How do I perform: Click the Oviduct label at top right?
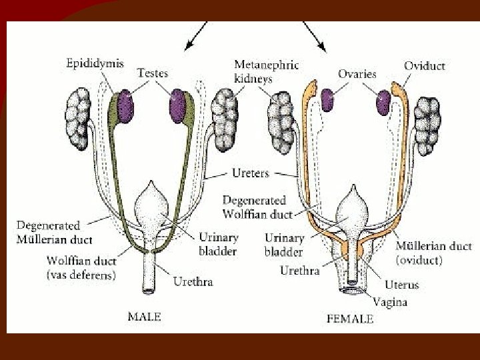(x=424, y=66)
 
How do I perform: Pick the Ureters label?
(x=251, y=173)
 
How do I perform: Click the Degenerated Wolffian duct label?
(x=254, y=207)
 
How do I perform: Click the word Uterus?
(x=401, y=285)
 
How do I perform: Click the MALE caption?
(x=143, y=317)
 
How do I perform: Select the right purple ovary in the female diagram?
(x=383, y=103)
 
